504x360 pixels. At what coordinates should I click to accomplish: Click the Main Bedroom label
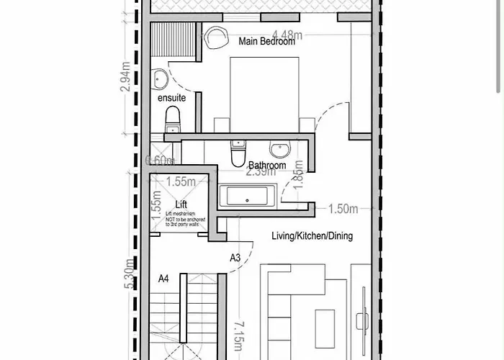[x=268, y=42]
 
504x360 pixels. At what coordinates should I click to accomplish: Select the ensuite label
[x=172, y=97]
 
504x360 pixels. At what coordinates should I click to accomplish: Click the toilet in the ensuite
[x=173, y=117]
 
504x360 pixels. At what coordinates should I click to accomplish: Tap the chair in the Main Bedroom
[x=215, y=37]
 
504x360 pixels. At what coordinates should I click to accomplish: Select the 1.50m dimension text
[x=343, y=210]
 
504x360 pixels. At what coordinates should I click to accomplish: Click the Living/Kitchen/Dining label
[x=312, y=236]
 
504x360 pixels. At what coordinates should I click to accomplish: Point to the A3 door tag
[x=235, y=257]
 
